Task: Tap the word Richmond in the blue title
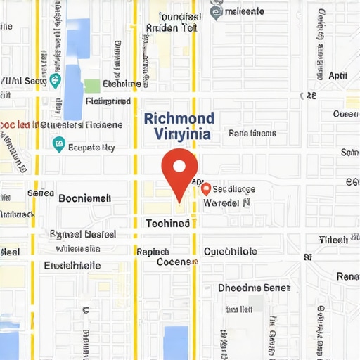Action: (x=179, y=118)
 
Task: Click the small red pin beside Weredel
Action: (x=206, y=188)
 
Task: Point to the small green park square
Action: (x=92, y=86)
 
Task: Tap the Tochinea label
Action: (x=167, y=223)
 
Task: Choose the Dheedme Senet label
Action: (x=254, y=288)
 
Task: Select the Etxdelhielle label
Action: (x=72, y=266)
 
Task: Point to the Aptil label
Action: (x=337, y=75)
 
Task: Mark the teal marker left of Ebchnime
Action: (x=57, y=81)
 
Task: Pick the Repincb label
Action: (x=153, y=252)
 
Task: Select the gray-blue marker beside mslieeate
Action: (x=217, y=11)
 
